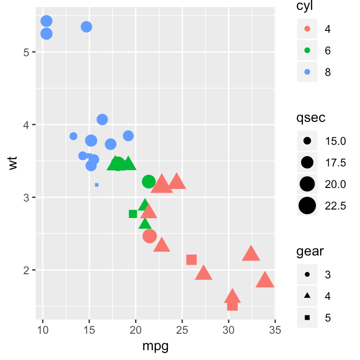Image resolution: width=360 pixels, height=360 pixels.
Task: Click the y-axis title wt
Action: pos(15,164)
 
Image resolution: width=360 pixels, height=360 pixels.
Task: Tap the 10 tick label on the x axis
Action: pos(43,330)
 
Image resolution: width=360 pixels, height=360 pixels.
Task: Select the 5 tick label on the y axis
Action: pos(27,52)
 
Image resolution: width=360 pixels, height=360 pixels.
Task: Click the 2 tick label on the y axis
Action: pos(27,270)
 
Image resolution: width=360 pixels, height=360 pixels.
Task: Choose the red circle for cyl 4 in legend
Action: pos(307,29)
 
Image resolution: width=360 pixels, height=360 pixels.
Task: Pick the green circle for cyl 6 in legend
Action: pos(307,51)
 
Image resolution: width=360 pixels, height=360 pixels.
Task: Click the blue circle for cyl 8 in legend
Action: pos(307,72)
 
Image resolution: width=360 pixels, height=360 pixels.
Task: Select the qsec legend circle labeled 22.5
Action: pos(307,205)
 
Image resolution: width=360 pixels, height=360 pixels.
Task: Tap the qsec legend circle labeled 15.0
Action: pos(307,141)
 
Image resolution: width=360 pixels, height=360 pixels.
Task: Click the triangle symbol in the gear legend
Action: pos(307,296)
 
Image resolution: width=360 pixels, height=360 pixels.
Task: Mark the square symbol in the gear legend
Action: pos(307,318)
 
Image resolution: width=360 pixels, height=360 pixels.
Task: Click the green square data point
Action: pos(133,214)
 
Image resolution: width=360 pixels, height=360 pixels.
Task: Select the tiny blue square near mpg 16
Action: pos(97,185)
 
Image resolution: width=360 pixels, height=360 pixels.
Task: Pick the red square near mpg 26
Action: pos(191,260)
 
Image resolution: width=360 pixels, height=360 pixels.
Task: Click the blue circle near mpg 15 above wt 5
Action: pos(86,27)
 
